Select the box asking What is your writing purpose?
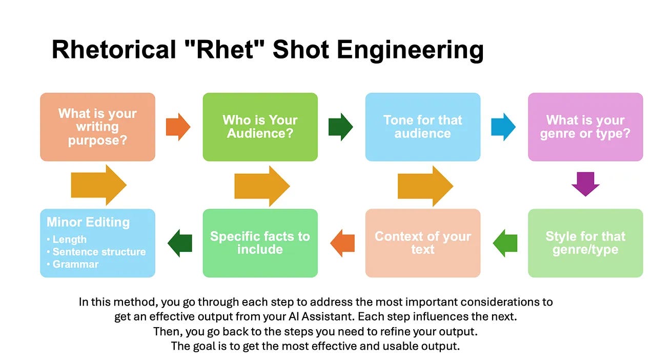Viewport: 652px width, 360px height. tap(97, 127)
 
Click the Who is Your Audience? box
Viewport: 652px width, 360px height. tap(260, 127)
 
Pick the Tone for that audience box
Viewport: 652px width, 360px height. tap(422, 127)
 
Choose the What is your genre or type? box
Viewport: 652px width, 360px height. tap(585, 127)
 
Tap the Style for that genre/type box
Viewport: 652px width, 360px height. tap(585, 243)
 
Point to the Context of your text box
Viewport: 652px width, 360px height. tap(422, 243)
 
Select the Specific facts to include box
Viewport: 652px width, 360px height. tap(260, 243)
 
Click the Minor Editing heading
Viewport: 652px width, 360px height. tap(88, 222)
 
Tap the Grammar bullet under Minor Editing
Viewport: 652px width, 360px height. tap(75, 265)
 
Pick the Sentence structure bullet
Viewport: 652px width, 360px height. tap(99, 252)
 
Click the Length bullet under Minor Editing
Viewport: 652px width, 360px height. tap(69, 239)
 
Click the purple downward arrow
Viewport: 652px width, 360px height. tap(585, 184)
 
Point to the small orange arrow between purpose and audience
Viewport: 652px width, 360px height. tap(178, 127)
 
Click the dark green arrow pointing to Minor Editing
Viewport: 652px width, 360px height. tap(180, 243)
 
